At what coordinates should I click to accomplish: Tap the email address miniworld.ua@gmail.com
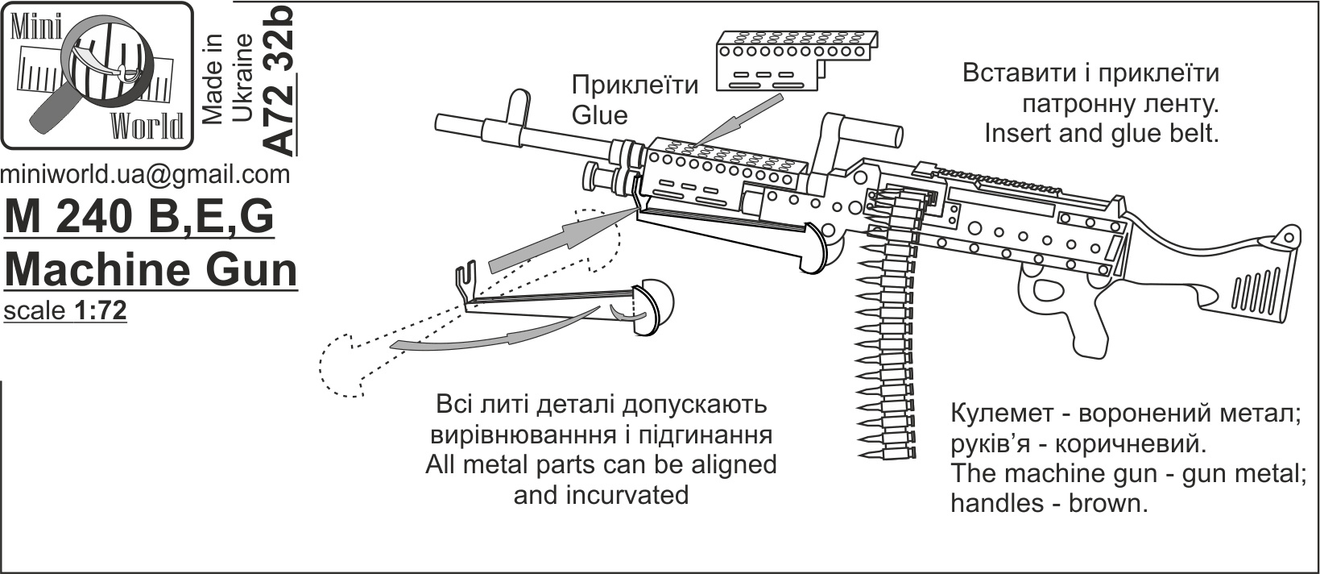146,175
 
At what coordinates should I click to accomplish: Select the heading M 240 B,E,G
139,217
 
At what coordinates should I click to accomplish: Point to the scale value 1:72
101,310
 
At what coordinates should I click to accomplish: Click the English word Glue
599,115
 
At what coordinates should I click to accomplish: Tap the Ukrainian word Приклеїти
635,85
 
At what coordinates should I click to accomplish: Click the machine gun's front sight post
517,108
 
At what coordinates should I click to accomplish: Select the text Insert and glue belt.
1101,134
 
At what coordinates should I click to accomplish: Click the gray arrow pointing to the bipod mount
563,240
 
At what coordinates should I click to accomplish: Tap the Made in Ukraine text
227,79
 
